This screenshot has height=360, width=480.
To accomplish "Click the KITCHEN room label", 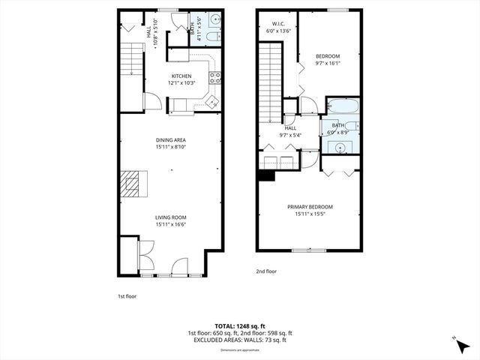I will point(181,76).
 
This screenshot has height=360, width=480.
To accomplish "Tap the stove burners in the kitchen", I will point(215,76).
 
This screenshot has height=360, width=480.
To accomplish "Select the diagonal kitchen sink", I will point(212,100).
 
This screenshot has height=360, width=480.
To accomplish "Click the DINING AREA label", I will point(170,139).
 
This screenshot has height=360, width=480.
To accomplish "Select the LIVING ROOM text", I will point(170,217).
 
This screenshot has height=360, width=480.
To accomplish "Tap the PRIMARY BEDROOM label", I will point(310,206).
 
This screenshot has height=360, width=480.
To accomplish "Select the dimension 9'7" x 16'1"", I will point(327,64).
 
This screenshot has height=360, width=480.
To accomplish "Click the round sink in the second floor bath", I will point(342,146).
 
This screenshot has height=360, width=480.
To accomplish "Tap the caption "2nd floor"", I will point(266,271).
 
